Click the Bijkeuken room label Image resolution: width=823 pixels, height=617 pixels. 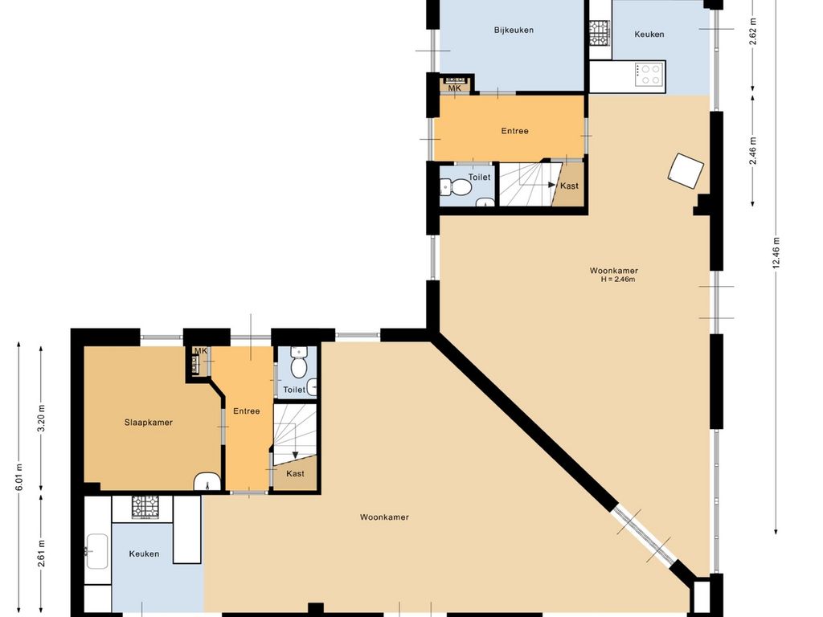tap(514, 30)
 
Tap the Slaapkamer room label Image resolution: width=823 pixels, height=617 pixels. tap(149, 423)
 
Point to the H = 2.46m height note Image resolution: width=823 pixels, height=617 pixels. tap(618, 279)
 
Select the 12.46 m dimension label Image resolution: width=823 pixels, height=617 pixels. tap(776, 253)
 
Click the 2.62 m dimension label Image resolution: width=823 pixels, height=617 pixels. tap(753, 32)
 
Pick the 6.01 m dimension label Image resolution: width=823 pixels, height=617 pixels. tap(19, 477)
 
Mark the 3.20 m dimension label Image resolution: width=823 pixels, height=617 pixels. tap(42, 418)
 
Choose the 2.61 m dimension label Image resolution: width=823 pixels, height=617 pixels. tap(42, 554)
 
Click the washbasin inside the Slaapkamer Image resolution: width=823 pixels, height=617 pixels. tap(207, 482)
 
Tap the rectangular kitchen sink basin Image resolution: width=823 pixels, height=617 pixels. tap(97, 551)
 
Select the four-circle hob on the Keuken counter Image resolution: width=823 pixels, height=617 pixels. tap(649, 74)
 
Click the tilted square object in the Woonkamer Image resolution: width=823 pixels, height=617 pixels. tap(686, 170)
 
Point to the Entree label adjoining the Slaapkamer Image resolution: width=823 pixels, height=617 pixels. tap(247, 411)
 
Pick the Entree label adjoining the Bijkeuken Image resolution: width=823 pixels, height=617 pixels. tap(514, 131)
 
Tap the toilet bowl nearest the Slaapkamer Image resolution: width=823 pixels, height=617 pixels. tap(299, 367)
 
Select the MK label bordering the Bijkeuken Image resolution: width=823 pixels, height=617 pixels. tap(455, 88)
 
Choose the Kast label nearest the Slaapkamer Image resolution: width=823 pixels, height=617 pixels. tap(295, 473)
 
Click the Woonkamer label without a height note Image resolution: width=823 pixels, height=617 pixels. tap(384, 517)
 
